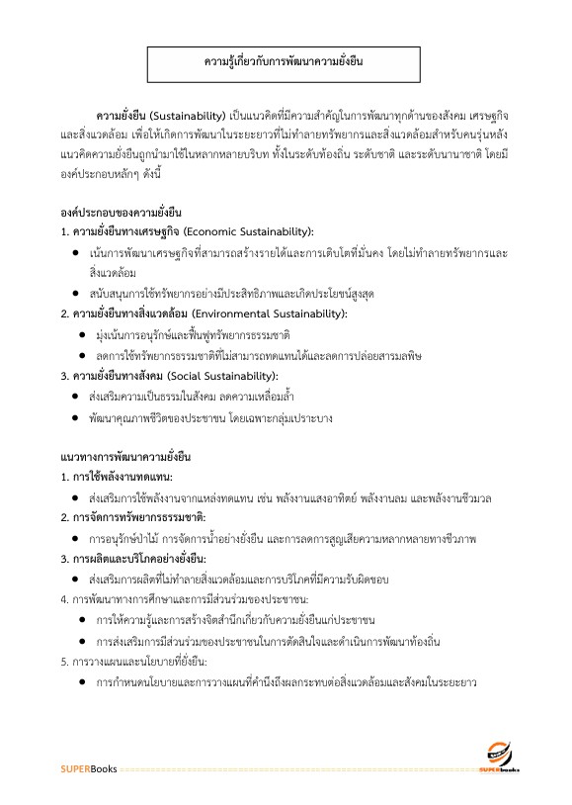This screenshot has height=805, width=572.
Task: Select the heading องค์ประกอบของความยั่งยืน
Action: pyautogui.click(x=121, y=212)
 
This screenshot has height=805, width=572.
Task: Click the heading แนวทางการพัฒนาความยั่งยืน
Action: pyautogui.click(x=124, y=457)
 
